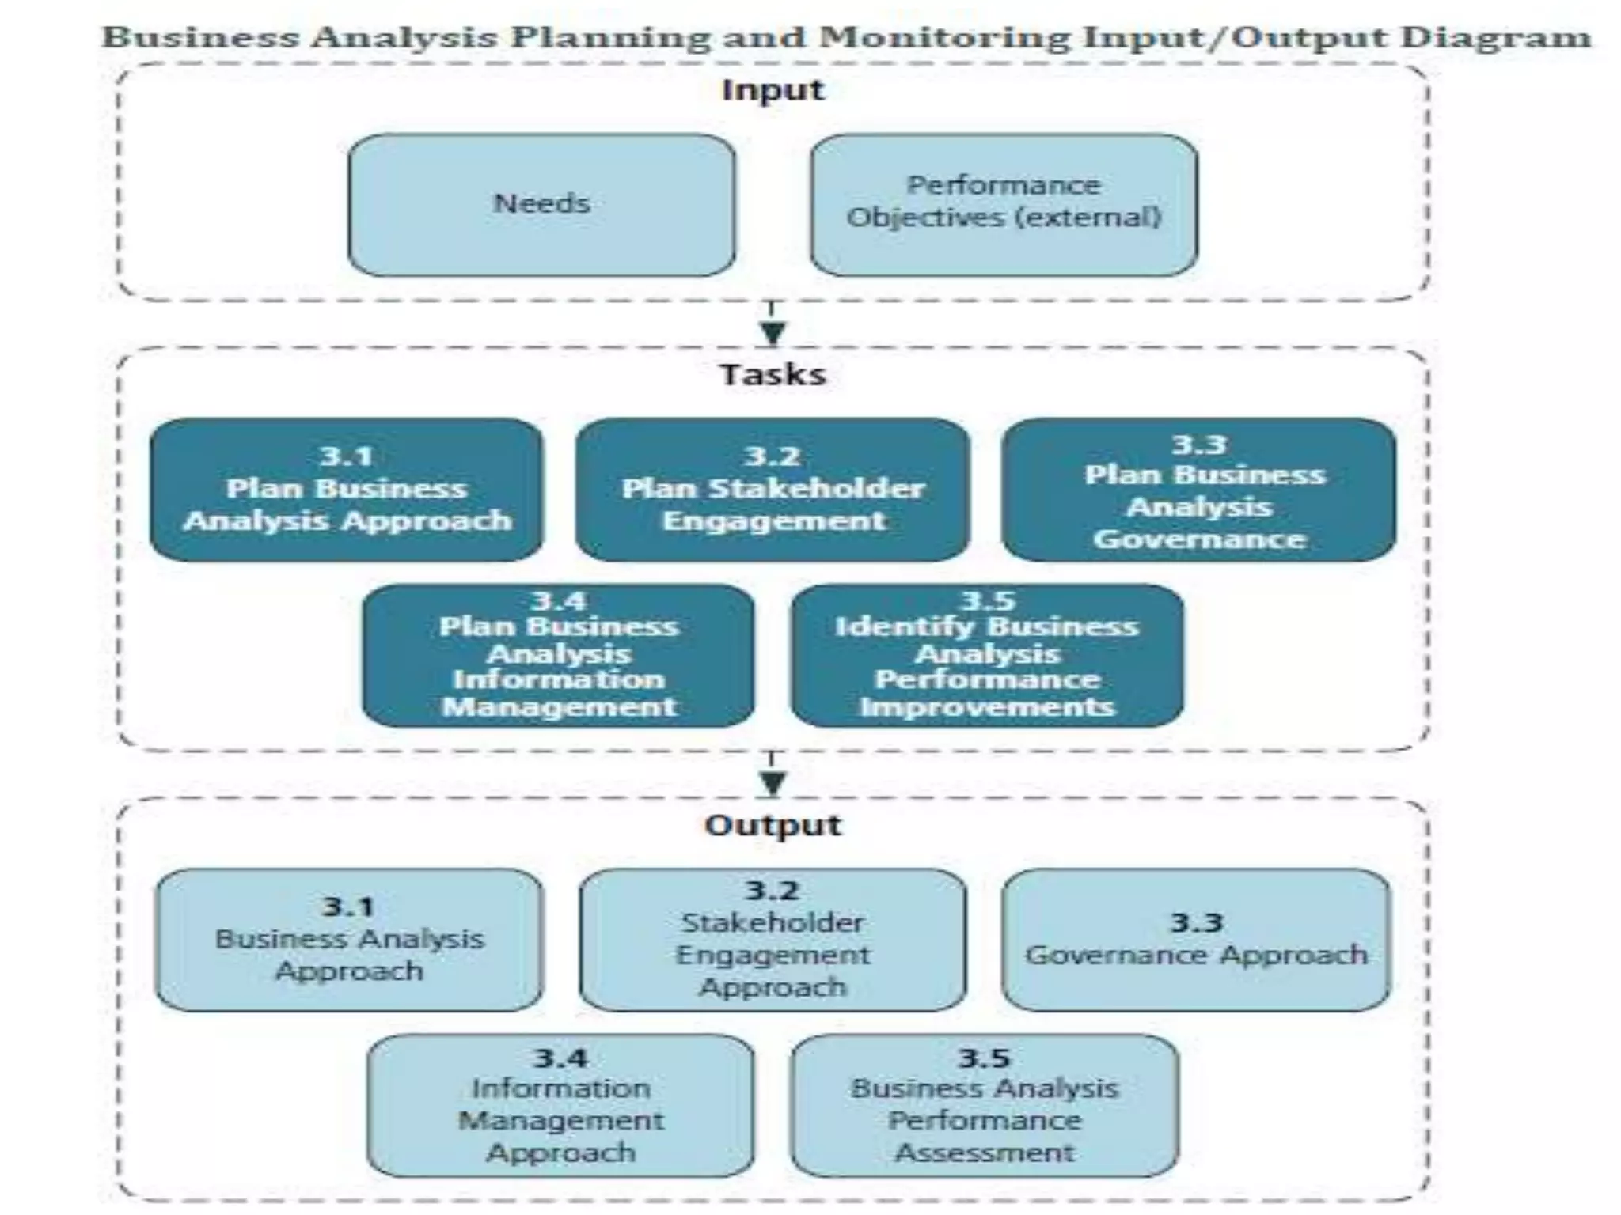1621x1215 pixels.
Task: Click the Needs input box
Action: pyautogui.click(x=541, y=205)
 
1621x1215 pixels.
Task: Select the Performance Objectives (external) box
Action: pyautogui.click(x=1004, y=205)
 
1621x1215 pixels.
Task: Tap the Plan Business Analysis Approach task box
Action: pyautogui.click(x=347, y=490)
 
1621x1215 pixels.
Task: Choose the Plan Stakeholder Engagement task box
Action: pyautogui.click(x=773, y=490)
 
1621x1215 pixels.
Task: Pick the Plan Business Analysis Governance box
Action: pyautogui.click(x=1198, y=490)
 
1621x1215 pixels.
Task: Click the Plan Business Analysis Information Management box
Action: pyautogui.click(x=559, y=656)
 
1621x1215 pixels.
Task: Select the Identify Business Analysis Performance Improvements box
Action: pyautogui.click(x=987, y=656)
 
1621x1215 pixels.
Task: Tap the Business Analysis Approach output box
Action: pyautogui.click(x=349, y=940)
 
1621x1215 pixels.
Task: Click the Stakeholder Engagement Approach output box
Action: pyautogui.click(x=773, y=940)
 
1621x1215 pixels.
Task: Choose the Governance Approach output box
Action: pyautogui.click(x=1196, y=940)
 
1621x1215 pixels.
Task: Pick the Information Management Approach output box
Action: pyautogui.click(x=560, y=1106)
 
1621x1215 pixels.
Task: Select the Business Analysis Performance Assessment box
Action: pyautogui.click(x=985, y=1106)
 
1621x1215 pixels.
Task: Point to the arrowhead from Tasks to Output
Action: pyautogui.click(x=773, y=783)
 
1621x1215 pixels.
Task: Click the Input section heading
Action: pyautogui.click(x=773, y=90)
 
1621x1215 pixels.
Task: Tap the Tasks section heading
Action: pyautogui.click(x=773, y=374)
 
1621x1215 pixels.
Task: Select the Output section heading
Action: pyautogui.click(x=773, y=825)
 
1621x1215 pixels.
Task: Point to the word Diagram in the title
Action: pyautogui.click(x=1495, y=37)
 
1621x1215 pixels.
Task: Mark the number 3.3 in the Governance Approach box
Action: pyautogui.click(x=1196, y=922)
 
